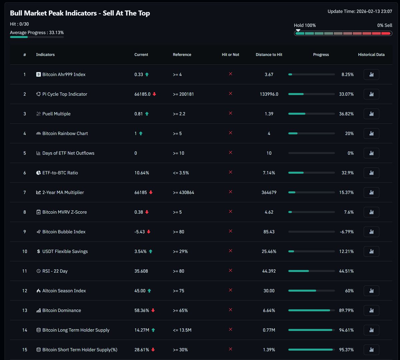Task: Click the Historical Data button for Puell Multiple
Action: pyautogui.click(x=371, y=114)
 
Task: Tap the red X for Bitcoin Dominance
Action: pyautogui.click(x=231, y=310)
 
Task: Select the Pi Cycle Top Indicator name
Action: pyautogui.click(x=65, y=94)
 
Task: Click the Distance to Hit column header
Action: pyautogui.click(x=269, y=54)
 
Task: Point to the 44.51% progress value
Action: pyautogui.click(x=346, y=271)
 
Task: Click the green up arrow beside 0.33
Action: pyautogui.click(x=147, y=74)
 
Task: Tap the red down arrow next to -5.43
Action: pyautogui.click(x=149, y=232)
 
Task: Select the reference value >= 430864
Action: pyautogui.click(x=183, y=192)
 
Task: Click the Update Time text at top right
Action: pyautogui.click(x=360, y=11)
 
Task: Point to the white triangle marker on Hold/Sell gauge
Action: pyautogui.click(x=298, y=30)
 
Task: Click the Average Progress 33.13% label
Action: pyautogui.click(x=37, y=33)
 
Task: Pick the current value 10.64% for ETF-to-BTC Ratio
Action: pyautogui.click(x=142, y=173)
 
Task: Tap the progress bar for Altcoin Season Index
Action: pyautogui.click(x=311, y=291)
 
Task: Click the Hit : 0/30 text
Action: pyautogui.click(x=19, y=24)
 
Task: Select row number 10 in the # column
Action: pyautogui.click(x=25, y=251)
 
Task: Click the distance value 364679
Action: pyautogui.click(x=269, y=192)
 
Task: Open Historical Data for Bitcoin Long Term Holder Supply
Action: pyautogui.click(x=371, y=330)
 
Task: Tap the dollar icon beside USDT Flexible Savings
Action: pyautogui.click(x=38, y=251)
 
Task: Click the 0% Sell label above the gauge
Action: pyautogui.click(x=385, y=25)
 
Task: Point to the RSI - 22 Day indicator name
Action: pyautogui.click(x=55, y=271)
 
